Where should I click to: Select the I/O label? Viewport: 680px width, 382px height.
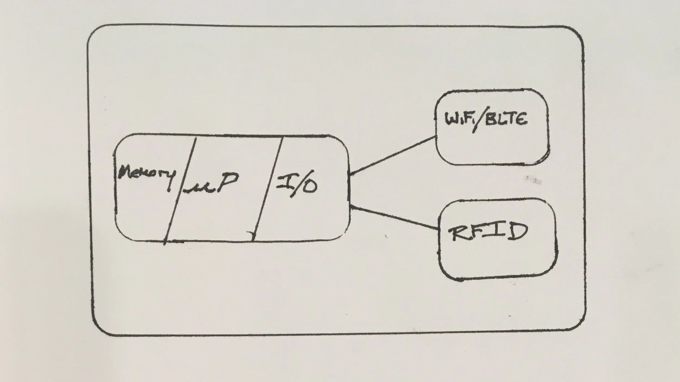point(296,183)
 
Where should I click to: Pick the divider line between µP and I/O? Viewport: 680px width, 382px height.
point(268,189)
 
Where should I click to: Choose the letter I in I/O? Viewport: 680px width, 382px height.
point(283,181)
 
